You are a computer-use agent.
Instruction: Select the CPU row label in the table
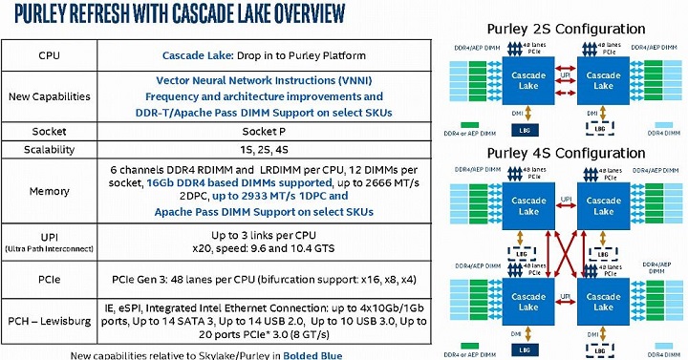pos(49,55)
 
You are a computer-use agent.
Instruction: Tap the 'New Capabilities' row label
pos(49,96)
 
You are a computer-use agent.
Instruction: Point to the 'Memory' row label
pos(49,191)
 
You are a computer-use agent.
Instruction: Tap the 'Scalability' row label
pos(49,151)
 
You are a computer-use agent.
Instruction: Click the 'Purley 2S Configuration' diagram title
pos(565,29)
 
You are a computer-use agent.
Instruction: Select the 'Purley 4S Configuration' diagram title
pos(565,151)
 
